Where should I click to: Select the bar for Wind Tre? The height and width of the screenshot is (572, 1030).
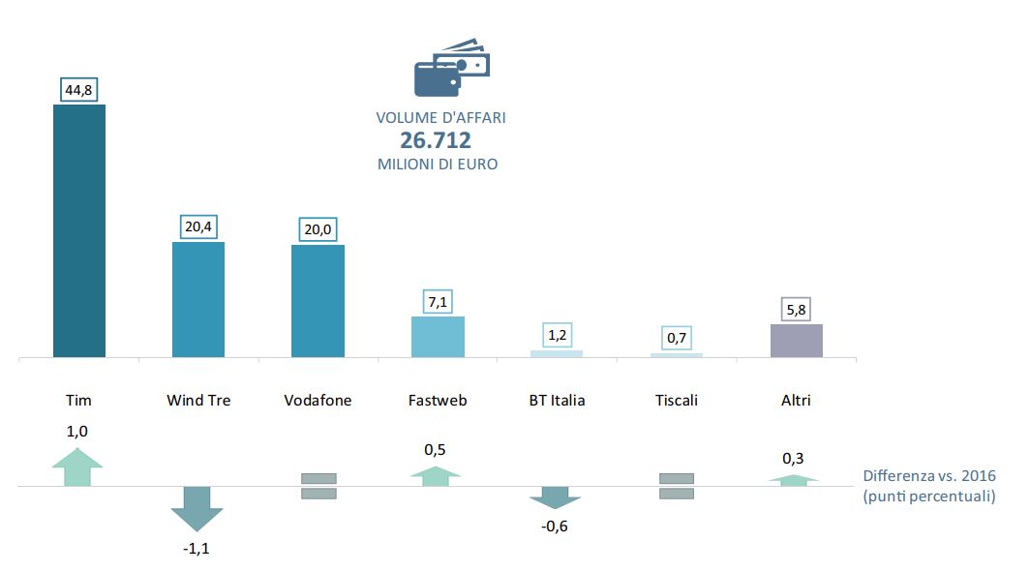[x=198, y=299]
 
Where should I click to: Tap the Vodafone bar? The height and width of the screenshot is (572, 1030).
[x=318, y=301]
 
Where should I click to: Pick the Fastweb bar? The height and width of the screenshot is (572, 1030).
[x=438, y=337]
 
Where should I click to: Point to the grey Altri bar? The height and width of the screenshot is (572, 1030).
[x=797, y=341]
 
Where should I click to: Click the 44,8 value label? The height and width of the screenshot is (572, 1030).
[x=78, y=91]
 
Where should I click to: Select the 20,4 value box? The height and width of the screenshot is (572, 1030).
[x=198, y=227]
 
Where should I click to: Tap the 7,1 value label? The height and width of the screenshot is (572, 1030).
[x=438, y=303]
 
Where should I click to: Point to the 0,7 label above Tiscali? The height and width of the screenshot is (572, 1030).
[x=677, y=340]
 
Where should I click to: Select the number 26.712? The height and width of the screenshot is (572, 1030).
[x=436, y=141]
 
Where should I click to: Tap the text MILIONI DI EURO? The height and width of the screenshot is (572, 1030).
[x=438, y=165]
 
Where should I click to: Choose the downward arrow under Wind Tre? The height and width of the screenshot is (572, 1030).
[x=197, y=507]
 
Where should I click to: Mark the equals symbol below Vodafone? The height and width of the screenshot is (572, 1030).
[x=318, y=486]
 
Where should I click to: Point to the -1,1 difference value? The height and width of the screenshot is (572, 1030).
[x=197, y=549]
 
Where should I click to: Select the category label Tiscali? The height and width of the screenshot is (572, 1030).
[x=677, y=400]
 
